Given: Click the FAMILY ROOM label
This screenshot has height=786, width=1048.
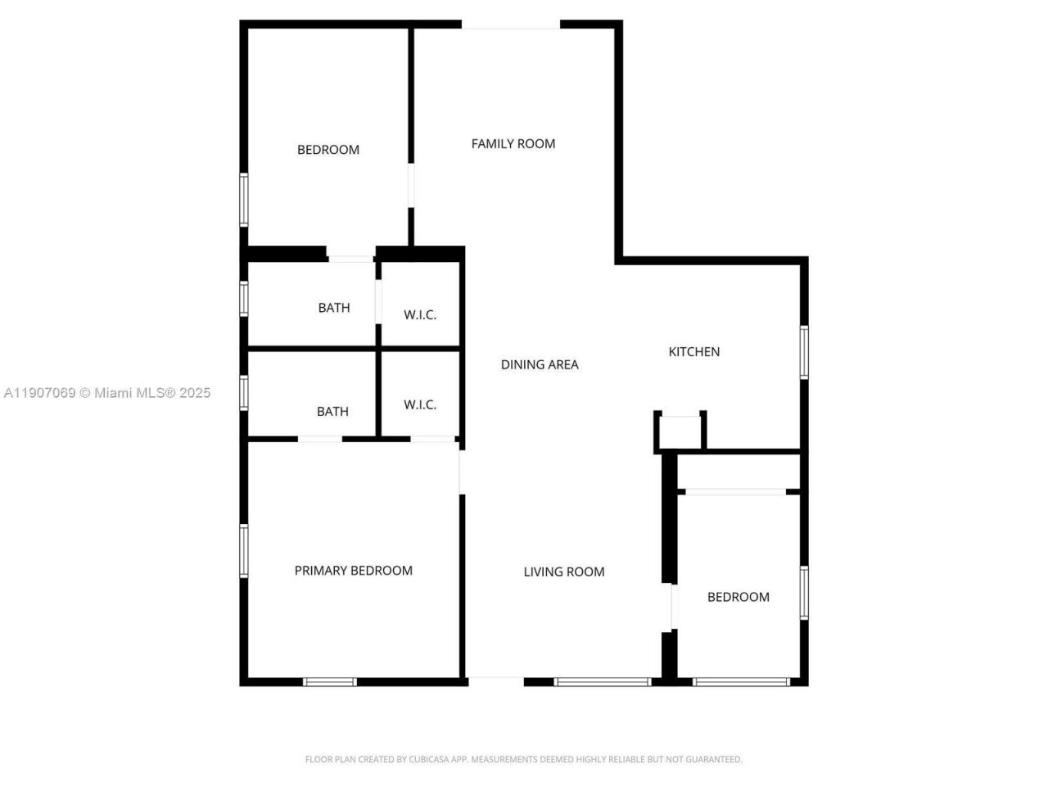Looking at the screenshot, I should click(x=513, y=144).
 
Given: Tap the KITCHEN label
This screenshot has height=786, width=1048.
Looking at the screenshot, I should click(x=694, y=352).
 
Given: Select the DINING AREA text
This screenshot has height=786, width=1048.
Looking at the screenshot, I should click(x=540, y=365).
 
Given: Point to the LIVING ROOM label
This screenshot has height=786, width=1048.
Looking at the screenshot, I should click(x=564, y=572).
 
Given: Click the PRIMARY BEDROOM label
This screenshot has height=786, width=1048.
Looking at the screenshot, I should click(x=354, y=571).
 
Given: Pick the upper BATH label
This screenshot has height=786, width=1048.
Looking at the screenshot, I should click(x=334, y=308).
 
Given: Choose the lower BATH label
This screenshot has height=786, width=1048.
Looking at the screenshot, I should click(x=332, y=412).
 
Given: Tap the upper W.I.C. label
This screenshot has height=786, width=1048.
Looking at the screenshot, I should click(x=420, y=315).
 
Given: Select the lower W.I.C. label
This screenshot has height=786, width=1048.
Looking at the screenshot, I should click(x=420, y=405).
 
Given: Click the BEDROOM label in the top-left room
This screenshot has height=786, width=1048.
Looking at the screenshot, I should click(x=328, y=150).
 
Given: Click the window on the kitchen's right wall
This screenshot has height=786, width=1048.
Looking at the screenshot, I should click(x=804, y=352).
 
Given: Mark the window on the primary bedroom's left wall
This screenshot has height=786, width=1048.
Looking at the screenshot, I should click(x=244, y=551).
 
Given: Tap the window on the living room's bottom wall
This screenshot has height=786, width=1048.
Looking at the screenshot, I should click(x=603, y=681).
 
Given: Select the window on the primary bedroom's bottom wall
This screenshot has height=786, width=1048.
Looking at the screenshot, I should click(x=330, y=681).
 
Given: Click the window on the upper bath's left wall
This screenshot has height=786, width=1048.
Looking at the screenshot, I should click(x=244, y=298).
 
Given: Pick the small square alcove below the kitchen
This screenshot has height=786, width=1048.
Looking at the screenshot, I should click(x=680, y=432).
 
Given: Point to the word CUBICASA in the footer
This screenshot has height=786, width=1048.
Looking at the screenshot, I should click(x=431, y=760).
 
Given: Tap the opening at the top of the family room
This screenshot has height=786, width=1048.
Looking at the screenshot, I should click(x=511, y=25).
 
